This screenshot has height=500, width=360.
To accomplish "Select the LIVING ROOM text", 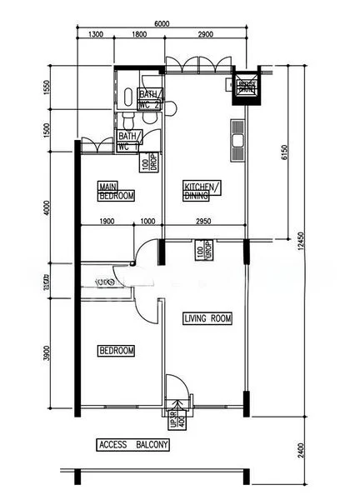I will pyautogui.click(x=207, y=318).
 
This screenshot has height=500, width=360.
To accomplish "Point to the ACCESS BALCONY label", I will pyautogui.click(x=133, y=445).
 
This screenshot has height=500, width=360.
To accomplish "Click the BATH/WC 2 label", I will pyautogui.click(x=150, y=99).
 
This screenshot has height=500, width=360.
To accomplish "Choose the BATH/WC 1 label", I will pyautogui.click(x=127, y=140).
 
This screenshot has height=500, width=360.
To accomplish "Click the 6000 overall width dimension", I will pyautogui.click(x=162, y=24).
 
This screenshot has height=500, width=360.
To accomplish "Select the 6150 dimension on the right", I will pyautogui.click(x=284, y=152).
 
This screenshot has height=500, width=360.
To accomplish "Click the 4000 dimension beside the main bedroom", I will pyautogui.click(x=47, y=205).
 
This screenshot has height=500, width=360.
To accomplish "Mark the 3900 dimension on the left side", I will pyautogui.click(x=47, y=354).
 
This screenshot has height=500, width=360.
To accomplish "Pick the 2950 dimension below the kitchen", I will pyautogui.click(x=204, y=222).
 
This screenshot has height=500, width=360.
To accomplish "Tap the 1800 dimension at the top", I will pyautogui.click(x=138, y=35).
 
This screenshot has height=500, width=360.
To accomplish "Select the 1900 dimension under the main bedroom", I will pyautogui.click(x=107, y=222).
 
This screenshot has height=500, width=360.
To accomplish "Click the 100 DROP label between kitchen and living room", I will pyautogui.click(x=201, y=251).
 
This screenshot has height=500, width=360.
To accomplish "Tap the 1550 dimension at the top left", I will pyautogui.click(x=47, y=87).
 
